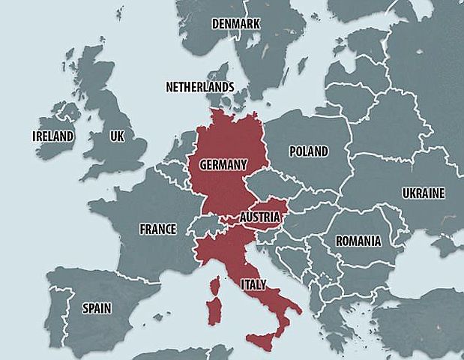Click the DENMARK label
(x=235, y=24)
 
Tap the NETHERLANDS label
(x=200, y=87)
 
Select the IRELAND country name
(x=53, y=136)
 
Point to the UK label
(x=116, y=136)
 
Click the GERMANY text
(x=223, y=163)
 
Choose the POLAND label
(x=309, y=151)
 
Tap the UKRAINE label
(x=424, y=193)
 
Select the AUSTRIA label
(x=260, y=217)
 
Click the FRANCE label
(x=157, y=229)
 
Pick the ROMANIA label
(x=358, y=241)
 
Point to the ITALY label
(x=251, y=285)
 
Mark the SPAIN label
(x=97, y=307)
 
